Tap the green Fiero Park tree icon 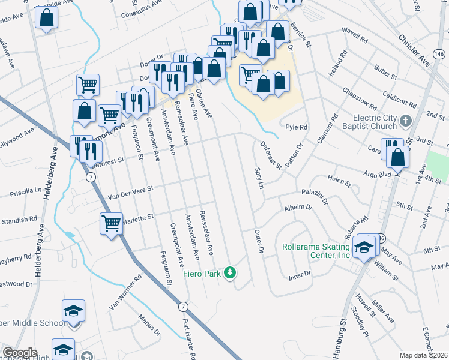[x=229, y=274]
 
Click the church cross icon [x=405, y=121]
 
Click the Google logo [x=20, y=353]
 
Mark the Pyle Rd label [x=296, y=127]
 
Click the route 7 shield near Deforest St [x=89, y=178]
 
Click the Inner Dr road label [x=299, y=275]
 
